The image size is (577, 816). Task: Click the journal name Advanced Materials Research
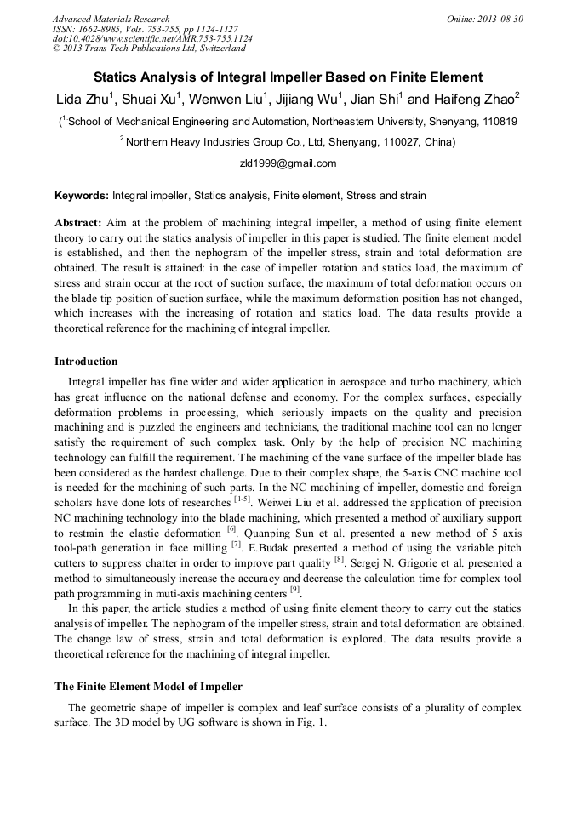tap(111, 19)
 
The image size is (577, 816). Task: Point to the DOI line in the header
tap(152, 39)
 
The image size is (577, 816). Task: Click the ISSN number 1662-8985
tap(106, 29)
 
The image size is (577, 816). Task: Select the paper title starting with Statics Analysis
tap(288, 77)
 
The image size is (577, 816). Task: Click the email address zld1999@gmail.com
tap(288, 163)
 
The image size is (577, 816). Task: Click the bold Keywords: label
tap(82, 196)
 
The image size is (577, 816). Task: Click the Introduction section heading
tap(86, 362)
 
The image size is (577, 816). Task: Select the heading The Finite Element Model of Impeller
tap(148, 686)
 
